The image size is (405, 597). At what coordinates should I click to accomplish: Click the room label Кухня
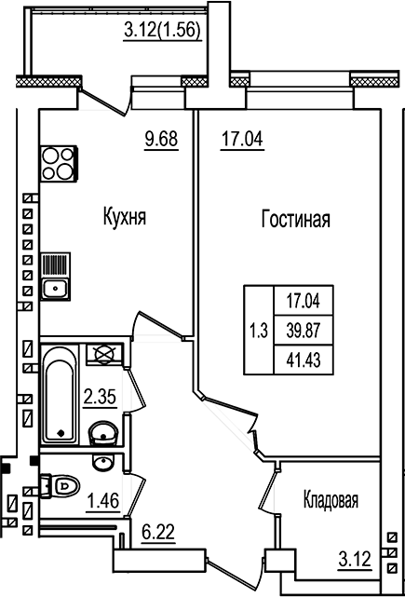(125, 219)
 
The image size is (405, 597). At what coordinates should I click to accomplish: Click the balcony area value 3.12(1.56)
(164, 34)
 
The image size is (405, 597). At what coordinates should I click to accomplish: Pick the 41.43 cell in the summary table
(303, 359)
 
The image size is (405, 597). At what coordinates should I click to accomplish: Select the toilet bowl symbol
(63, 485)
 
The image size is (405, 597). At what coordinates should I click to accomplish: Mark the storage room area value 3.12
(354, 560)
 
